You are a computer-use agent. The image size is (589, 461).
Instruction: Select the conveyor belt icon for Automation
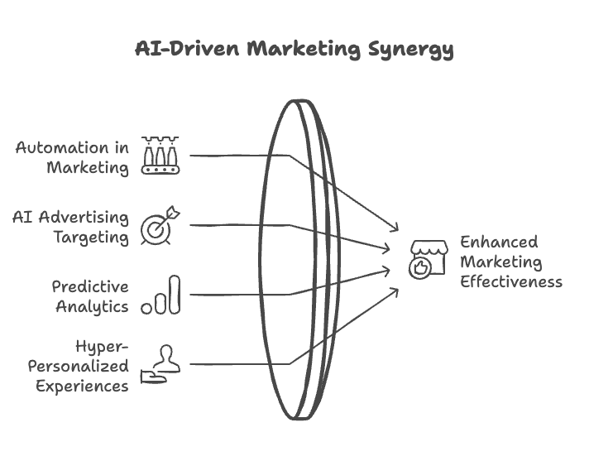pyautogui.click(x=160, y=156)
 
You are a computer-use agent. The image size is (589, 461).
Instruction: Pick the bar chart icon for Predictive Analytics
pyautogui.click(x=161, y=295)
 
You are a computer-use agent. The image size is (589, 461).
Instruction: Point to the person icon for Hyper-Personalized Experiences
pyautogui.click(x=161, y=364)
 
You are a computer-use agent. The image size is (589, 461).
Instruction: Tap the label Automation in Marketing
pyautogui.click(x=73, y=157)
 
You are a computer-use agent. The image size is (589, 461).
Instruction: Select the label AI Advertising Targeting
pyautogui.click(x=71, y=227)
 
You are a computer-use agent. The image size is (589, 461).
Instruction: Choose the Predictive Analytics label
pyautogui.click(x=90, y=295)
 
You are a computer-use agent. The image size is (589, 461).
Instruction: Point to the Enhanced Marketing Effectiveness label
pyautogui.click(x=510, y=262)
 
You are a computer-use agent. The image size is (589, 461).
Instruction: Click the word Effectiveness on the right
pyautogui.click(x=510, y=281)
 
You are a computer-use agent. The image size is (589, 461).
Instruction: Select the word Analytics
pyautogui.click(x=93, y=306)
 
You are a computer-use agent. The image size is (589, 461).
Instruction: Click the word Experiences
pyautogui.click(x=81, y=386)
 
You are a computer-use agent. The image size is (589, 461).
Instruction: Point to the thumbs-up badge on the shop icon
pyautogui.click(x=421, y=268)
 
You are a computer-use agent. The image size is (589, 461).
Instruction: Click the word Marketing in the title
pyautogui.click(x=303, y=49)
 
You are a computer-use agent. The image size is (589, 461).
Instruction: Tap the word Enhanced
pyautogui.click(x=498, y=242)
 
